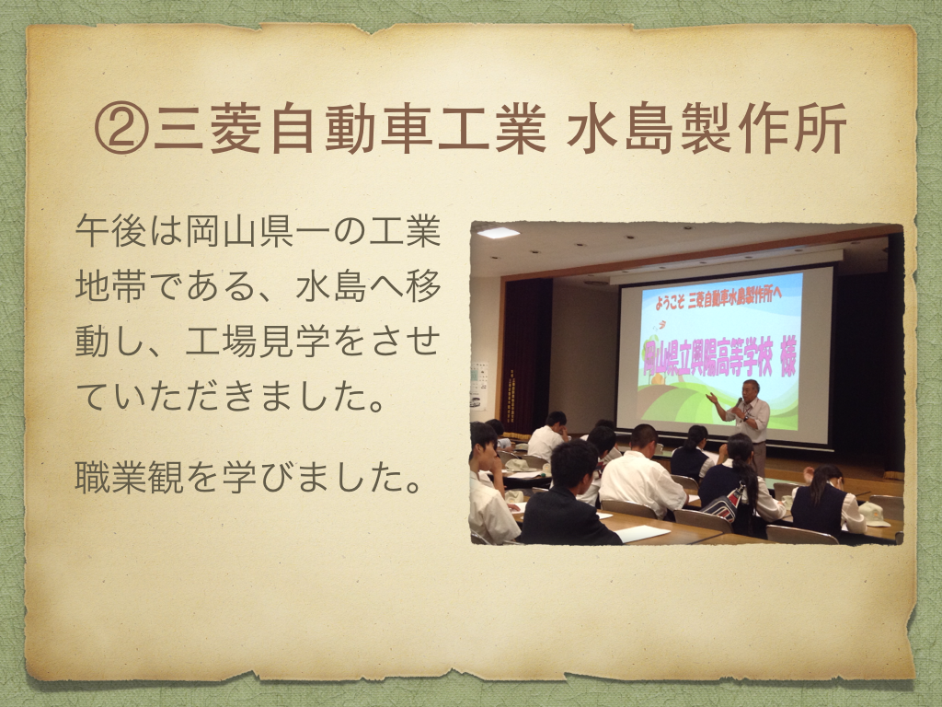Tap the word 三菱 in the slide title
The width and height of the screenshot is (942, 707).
(x=207, y=129)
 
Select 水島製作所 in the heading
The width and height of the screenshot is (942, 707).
(x=706, y=129)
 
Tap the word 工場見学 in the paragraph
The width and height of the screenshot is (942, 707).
(x=258, y=341)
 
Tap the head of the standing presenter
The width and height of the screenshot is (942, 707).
(x=751, y=389)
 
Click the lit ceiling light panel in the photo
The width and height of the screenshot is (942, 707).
(x=498, y=232)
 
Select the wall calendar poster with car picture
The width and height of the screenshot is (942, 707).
(x=478, y=386)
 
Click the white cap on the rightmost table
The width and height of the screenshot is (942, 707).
(x=872, y=513)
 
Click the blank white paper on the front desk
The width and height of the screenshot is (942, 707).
(x=641, y=533)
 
